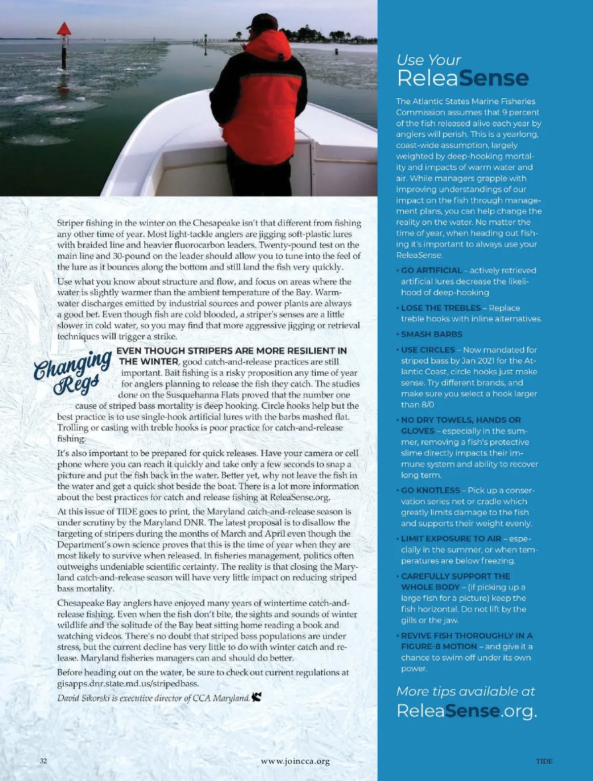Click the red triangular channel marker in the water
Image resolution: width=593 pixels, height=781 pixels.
point(64,29)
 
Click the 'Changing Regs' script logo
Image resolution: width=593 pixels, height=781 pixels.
point(73,371)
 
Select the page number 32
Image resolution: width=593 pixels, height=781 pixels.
point(43,761)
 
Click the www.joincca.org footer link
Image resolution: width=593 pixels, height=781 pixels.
point(296,761)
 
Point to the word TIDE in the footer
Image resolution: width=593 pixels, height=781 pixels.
point(544,761)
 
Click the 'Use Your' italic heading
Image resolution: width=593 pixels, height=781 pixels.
point(428,60)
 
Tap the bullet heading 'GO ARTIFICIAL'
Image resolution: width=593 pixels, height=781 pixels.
point(431,271)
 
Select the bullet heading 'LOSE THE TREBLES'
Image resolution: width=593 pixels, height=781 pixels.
point(441,308)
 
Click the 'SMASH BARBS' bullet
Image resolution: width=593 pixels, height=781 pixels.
point(431,334)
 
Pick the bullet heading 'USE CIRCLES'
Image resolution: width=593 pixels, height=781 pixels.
point(428,350)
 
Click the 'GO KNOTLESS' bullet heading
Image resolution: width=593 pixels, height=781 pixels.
point(430,491)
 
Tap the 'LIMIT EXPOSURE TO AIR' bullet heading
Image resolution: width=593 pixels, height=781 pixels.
point(451,539)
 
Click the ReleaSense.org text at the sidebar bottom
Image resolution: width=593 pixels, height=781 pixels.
point(466,711)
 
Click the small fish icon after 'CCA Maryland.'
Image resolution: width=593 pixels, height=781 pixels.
point(256,697)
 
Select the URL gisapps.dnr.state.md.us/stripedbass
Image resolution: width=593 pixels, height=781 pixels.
point(128,684)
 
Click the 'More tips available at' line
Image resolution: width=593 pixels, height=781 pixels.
point(466,692)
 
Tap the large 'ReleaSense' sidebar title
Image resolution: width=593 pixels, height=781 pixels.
point(463,78)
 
